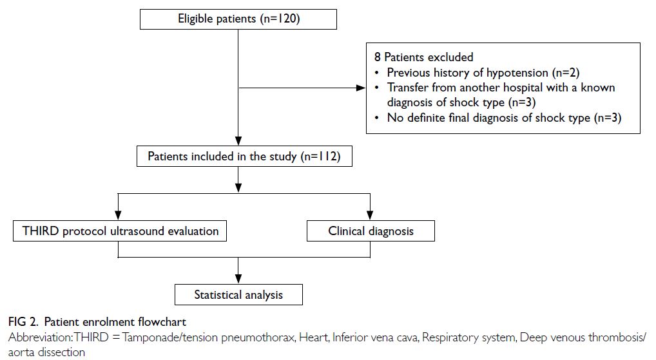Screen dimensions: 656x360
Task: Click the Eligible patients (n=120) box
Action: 238,19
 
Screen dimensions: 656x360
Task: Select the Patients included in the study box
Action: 244,156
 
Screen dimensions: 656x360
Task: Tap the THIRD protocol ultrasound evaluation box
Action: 120,231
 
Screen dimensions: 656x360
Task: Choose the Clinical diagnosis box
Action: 371,231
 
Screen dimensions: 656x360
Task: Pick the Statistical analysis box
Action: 238,295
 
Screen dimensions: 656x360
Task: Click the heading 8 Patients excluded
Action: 424,57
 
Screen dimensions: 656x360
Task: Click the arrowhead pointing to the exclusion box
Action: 361,88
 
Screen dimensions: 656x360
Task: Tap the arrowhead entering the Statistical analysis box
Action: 238,279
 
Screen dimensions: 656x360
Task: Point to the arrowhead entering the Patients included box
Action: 238,140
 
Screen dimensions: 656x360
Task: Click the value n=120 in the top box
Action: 280,19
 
